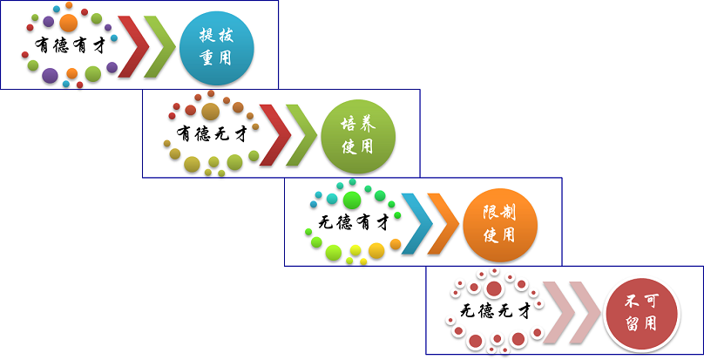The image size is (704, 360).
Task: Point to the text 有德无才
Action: pyautogui.click(x=212, y=134)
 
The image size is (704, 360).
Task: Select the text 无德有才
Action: pyautogui.click(x=352, y=223)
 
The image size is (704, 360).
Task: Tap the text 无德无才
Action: pyautogui.click(x=494, y=312)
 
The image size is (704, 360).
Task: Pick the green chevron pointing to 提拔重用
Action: pyautogui.click(x=159, y=45)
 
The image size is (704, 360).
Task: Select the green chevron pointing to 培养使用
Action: pyautogui.click(x=301, y=134)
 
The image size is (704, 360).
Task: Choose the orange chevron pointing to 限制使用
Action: pyautogui.click(x=443, y=223)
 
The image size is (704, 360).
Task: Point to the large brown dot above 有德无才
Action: pyautogui.click(x=210, y=111)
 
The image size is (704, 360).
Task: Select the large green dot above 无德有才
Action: pyautogui.click(x=351, y=200)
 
